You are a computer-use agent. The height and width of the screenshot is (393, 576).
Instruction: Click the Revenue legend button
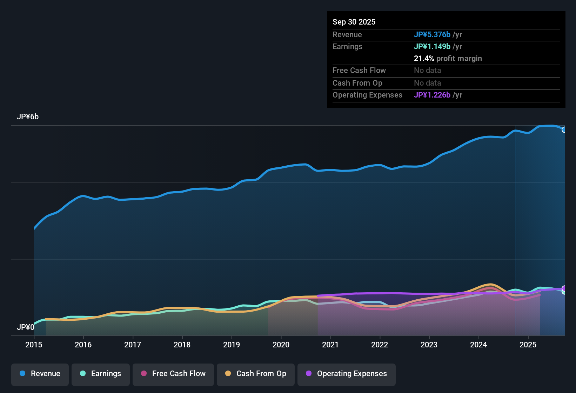click(40, 374)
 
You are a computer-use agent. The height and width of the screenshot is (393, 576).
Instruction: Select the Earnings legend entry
click(101, 374)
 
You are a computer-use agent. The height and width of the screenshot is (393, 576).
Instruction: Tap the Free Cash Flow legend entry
click(173, 374)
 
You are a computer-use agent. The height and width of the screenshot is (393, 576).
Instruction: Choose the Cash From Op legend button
click(256, 374)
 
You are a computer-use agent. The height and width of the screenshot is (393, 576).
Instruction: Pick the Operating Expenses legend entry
click(347, 374)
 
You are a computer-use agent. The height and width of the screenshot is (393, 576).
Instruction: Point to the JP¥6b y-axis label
click(28, 117)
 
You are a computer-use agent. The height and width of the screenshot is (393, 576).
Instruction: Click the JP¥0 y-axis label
click(26, 327)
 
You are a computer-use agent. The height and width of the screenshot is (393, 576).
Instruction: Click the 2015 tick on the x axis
click(34, 345)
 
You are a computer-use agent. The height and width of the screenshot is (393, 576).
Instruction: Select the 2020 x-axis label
click(281, 345)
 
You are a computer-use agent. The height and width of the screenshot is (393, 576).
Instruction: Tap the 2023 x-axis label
click(429, 345)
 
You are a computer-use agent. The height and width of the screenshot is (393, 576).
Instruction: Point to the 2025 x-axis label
click(528, 345)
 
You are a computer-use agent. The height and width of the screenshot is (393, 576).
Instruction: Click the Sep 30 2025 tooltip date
click(354, 22)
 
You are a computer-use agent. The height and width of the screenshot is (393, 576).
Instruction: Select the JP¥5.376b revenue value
click(432, 34)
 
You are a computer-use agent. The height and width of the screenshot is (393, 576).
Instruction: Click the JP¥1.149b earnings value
click(432, 46)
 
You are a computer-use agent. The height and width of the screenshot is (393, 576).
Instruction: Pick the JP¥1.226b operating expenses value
click(432, 95)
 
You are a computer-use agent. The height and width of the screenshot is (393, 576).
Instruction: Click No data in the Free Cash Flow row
click(427, 70)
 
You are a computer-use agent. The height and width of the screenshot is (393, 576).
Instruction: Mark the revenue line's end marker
click(564, 130)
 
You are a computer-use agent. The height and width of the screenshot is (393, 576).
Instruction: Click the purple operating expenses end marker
click(564, 288)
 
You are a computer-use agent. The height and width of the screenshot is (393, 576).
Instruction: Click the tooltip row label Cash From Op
click(357, 83)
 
